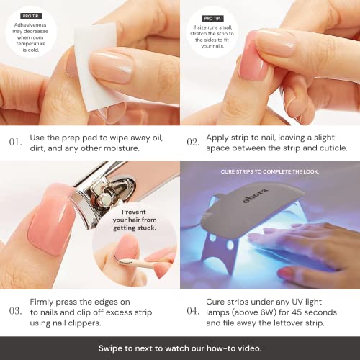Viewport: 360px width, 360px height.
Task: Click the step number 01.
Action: (14, 142)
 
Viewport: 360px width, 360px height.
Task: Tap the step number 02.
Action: (192, 142)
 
